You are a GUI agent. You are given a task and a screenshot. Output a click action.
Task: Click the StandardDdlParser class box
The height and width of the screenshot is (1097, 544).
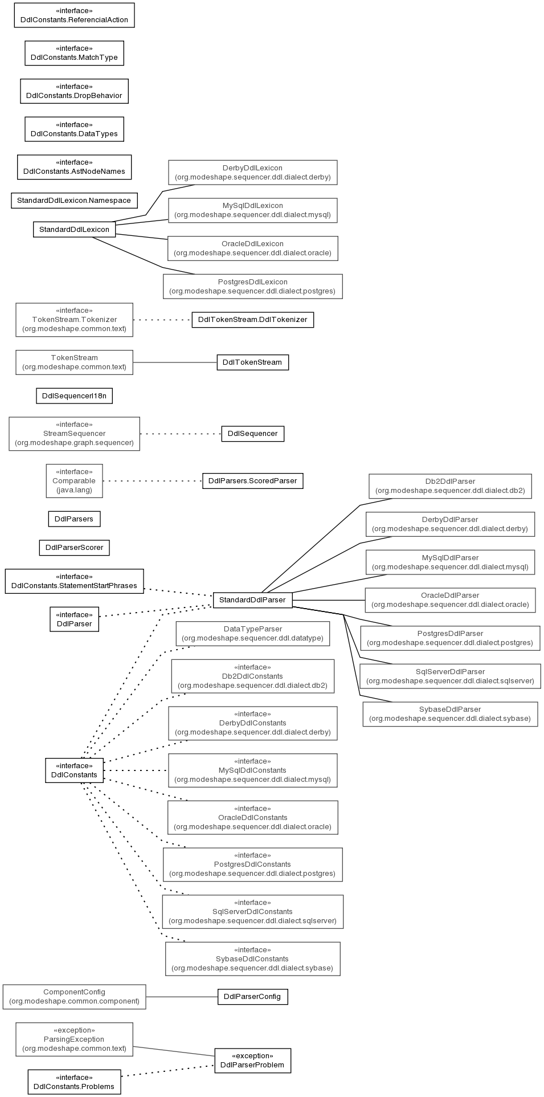252,600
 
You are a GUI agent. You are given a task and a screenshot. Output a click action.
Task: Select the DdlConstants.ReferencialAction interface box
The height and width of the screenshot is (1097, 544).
74,15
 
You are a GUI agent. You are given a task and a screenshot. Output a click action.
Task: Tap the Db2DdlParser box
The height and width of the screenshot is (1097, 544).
450,486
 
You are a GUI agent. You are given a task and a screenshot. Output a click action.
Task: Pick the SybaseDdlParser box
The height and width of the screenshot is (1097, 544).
450,714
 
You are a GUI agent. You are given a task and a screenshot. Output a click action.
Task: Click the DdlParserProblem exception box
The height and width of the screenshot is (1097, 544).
252,1061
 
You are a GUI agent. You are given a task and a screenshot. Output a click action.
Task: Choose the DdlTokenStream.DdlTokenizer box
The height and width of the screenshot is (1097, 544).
252,320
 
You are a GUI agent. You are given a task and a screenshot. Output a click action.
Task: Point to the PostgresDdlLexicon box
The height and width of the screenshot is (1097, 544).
252,287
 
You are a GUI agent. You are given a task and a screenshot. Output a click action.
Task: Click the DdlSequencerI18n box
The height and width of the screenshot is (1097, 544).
74,395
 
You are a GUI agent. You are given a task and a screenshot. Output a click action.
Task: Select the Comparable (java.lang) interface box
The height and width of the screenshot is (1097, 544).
74,481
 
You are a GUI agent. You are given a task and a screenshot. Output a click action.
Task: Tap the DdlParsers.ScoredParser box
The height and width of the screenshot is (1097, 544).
252,481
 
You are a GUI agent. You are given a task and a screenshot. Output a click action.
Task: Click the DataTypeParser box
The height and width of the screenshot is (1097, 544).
252,634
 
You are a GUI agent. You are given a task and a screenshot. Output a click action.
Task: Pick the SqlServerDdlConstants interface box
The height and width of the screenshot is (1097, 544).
252,912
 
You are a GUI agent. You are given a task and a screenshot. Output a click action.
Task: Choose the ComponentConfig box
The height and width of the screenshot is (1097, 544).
74,997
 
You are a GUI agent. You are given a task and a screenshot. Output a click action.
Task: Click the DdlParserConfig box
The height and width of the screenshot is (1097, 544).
252,997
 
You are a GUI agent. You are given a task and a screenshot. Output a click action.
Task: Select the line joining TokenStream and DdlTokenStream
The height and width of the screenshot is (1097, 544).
175,362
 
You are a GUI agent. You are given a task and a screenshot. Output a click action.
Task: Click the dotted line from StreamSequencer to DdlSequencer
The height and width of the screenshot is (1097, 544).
181,434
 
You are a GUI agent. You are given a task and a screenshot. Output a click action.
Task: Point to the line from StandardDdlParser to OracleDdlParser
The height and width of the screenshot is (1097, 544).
329,600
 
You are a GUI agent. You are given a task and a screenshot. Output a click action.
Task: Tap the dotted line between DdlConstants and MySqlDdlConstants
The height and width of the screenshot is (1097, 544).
136,770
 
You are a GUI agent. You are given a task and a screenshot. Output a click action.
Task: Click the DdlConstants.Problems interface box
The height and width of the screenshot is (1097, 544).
74,1082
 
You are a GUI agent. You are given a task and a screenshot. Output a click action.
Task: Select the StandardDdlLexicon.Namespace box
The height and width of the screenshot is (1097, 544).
74,201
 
